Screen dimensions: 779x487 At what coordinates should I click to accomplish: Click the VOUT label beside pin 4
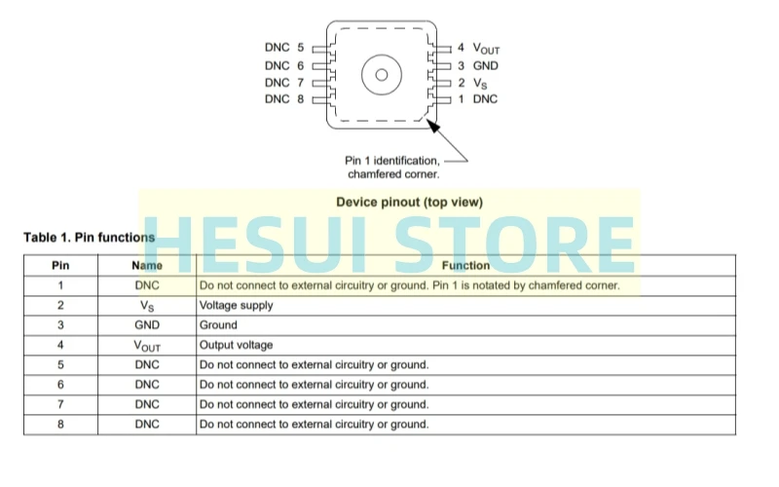(486, 48)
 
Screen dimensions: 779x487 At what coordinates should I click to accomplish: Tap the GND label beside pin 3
(485, 65)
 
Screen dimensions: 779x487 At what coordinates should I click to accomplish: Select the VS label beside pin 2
(480, 83)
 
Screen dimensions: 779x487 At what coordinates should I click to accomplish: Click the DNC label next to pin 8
(278, 99)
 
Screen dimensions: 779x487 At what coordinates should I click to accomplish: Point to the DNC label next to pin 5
(278, 47)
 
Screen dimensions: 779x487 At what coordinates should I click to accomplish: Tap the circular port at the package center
(381, 74)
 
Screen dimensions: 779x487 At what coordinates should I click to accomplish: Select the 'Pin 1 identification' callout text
(392, 161)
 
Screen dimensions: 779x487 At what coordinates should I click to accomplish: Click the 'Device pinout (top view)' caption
(409, 203)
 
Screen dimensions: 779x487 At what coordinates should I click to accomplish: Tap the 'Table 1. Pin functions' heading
(89, 238)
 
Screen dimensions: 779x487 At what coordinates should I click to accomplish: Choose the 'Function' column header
(465, 265)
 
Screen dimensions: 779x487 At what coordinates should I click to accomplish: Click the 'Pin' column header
(60, 265)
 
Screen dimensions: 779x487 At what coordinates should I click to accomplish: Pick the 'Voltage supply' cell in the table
(236, 305)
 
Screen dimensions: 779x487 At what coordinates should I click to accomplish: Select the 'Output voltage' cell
(236, 345)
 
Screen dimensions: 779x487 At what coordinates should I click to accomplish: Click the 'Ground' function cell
(218, 325)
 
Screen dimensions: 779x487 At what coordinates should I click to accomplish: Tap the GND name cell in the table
(147, 325)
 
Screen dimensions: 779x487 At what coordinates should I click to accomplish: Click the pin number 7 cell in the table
(60, 404)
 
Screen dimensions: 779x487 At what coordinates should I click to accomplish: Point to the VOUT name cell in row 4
(147, 346)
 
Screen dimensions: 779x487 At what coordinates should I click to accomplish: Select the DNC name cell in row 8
(147, 425)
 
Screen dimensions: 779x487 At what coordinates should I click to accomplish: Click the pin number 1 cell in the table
(60, 285)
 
